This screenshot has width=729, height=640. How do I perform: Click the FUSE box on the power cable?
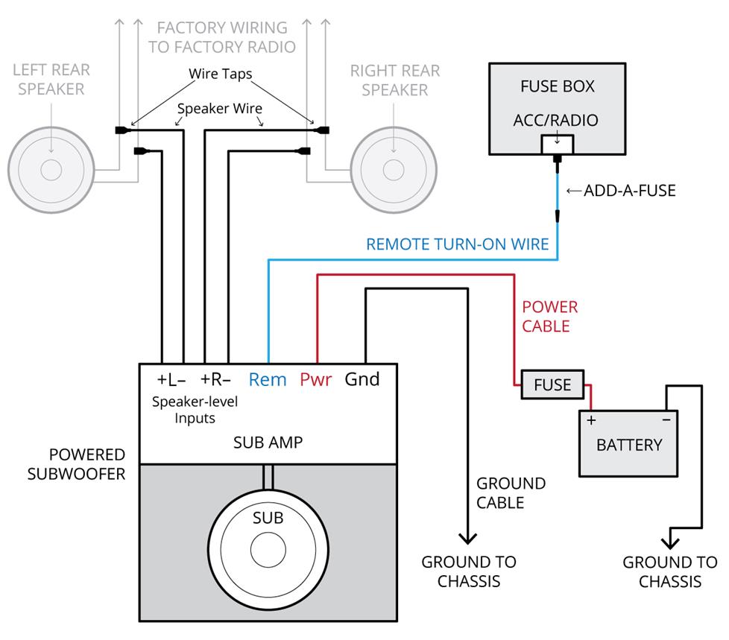[552, 384]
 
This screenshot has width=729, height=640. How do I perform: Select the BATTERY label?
[629, 445]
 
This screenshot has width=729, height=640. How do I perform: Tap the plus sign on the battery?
[592, 420]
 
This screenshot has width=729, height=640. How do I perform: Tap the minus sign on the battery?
[666, 420]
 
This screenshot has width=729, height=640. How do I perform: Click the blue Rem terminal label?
[268, 379]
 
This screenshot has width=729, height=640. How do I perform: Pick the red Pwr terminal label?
[315, 379]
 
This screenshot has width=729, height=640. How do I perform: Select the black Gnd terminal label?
[362, 379]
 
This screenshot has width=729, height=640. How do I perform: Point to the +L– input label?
[171, 379]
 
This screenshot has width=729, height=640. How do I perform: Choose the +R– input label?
[215, 379]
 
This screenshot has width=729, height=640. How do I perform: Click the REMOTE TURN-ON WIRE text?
[458, 244]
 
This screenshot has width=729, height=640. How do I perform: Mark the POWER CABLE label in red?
[549, 317]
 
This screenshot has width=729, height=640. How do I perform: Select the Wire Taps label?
[219, 75]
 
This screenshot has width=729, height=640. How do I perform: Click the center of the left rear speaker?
[51, 170]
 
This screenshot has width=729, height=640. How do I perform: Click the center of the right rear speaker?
[394, 170]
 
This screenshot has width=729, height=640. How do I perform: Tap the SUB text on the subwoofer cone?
[268, 518]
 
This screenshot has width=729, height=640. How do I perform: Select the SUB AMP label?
[268, 443]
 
